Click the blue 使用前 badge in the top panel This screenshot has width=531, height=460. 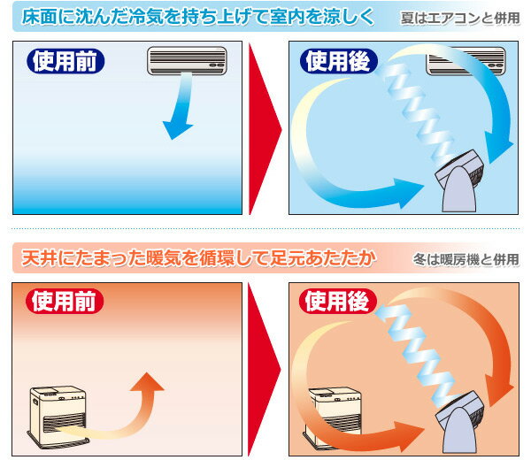pyautogui.click(x=65, y=61)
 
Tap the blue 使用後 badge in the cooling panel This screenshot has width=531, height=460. pyautogui.click(x=339, y=61)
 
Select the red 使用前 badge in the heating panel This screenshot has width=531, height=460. pyautogui.click(x=65, y=302)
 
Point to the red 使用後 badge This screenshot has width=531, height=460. pyautogui.click(x=338, y=302)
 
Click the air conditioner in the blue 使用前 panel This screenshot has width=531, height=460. pyautogui.click(x=187, y=61)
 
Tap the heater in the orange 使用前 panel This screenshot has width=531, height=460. pyautogui.click(x=58, y=416)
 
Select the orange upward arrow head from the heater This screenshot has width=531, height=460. pyautogui.click(x=147, y=382)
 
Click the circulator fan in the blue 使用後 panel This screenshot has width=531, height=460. pyautogui.click(x=460, y=181)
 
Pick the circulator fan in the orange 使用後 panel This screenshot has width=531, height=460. pyautogui.click(x=460, y=423)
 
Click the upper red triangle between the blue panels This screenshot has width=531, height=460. pyautogui.click(x=264, y=128)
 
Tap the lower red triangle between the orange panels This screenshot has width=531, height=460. pyautogui.click(x=264, y=370)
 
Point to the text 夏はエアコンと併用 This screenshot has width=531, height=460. pyautogui.click(x=460, y=19)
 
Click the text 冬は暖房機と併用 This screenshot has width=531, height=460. pyautogui.click(x=466, y=259)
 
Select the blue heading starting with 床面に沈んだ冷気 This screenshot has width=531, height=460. pyautogui.click(x=198, y=17)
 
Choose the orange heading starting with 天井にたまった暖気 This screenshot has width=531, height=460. pyautogui.click(x=199, y=258)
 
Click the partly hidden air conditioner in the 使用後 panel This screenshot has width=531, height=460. pyautogui.click(x=466, y=61)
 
